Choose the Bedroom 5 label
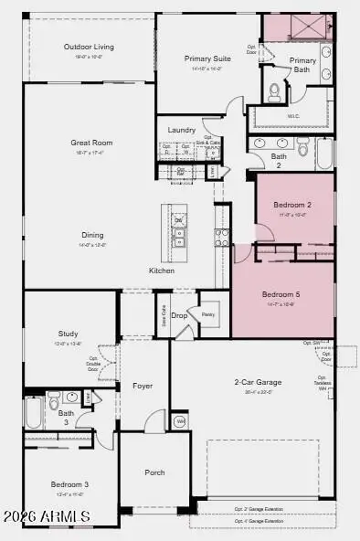pyautogui.click(x=279, y=294)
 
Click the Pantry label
pyautogui.click(x=208, y=313)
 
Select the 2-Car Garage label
pyautogui.click(x=258, y=382)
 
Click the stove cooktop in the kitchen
pyautogui.click(x=221, y=238)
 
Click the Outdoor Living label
pyautogui.click(x=88, y=46)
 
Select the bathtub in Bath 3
pyautogui.click(x=33, y=412)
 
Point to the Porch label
pyautogui.click(x=154, y=473)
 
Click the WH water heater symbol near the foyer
pyautogui.click(x=180, y=420)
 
